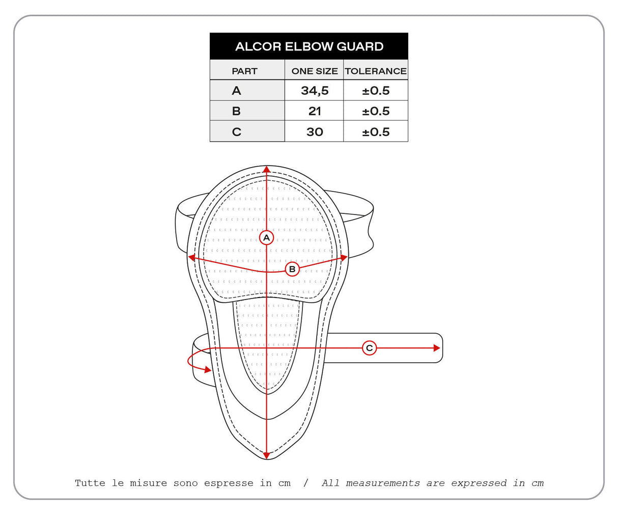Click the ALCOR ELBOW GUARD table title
(309, 46)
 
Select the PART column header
(244, 71)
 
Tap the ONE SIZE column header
(314, 71)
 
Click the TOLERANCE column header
(376, 71)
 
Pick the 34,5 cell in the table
(315, 91)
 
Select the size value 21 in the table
(315, 111)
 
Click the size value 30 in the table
(315, 132)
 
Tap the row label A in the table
(236, 91)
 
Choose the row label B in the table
(236, 111)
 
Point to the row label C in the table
(237, 132)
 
